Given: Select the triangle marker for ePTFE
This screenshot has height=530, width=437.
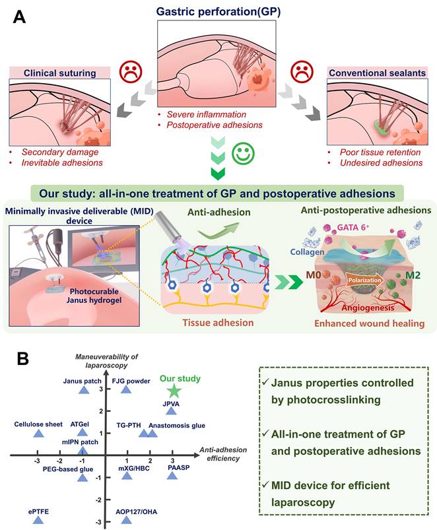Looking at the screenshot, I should (x=38, y=520).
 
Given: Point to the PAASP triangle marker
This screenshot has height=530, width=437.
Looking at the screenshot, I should (x=172, y=475).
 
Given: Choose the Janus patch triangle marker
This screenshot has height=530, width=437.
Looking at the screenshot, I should (x=83, y=389).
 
